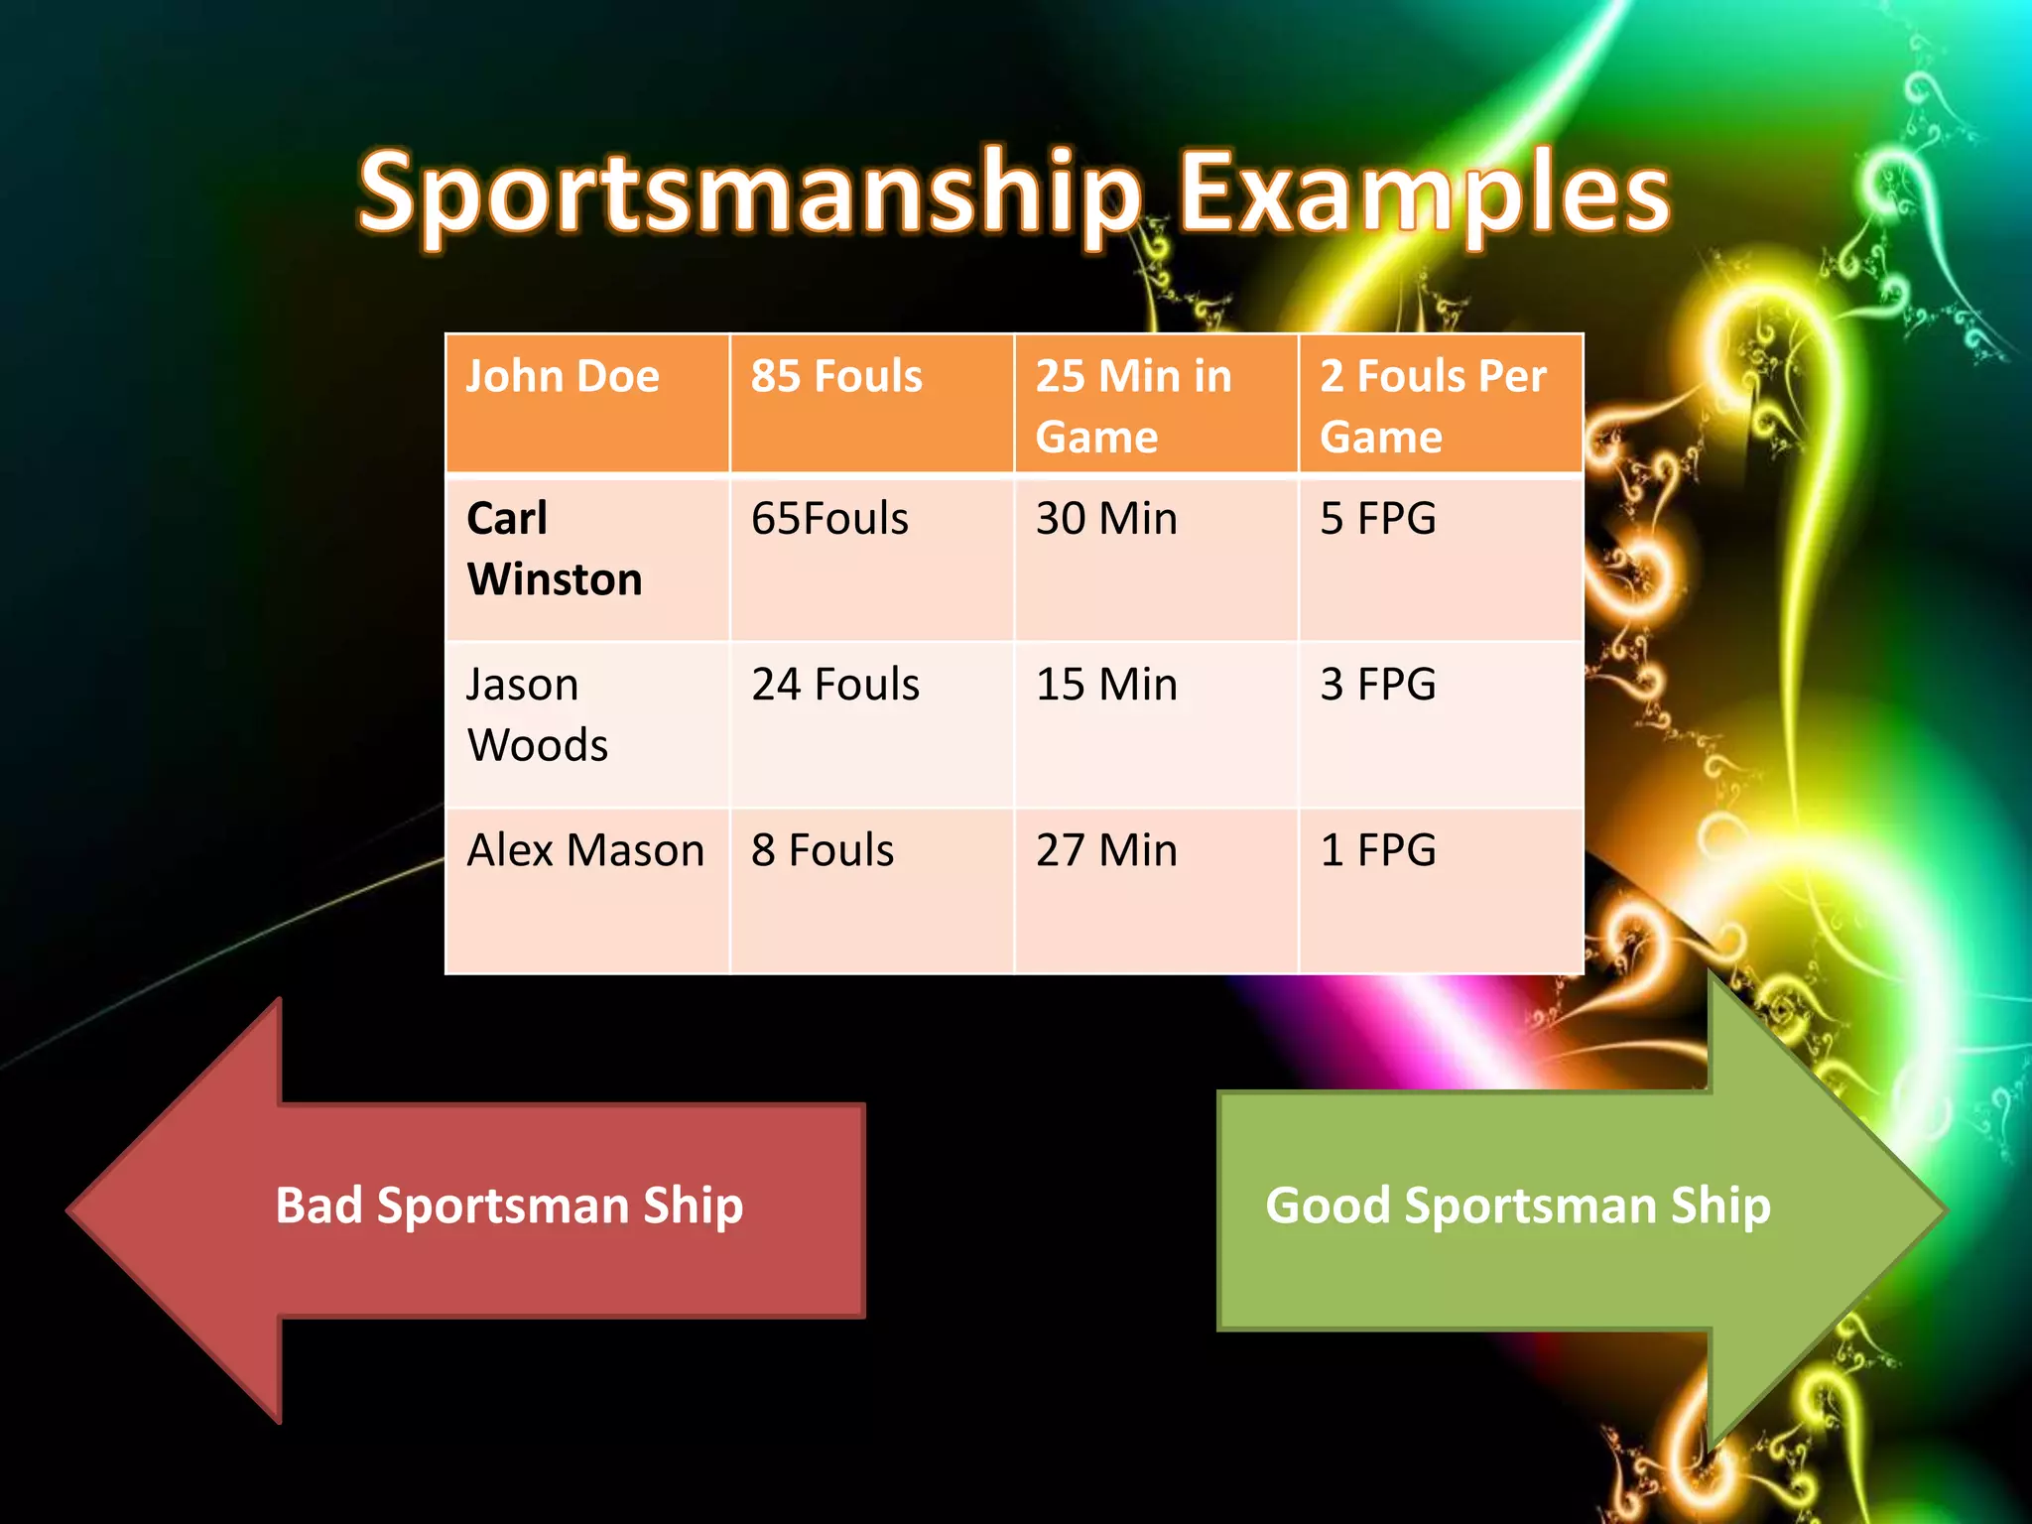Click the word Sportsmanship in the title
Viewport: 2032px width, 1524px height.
coord(749,193)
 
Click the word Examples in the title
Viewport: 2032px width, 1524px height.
coord(1424,193)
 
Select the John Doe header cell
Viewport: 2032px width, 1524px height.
coord(587,404)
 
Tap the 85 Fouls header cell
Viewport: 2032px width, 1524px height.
coord(871,404)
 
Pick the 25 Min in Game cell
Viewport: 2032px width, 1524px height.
coord(1156,404)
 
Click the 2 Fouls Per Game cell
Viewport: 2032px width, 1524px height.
coord(1441,404)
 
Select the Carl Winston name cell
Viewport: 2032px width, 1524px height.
coord(587,558)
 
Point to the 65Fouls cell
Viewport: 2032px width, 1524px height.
coord(871,558)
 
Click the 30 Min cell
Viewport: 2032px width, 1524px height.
coord(1156,558)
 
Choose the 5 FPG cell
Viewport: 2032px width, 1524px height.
coord(1441,558)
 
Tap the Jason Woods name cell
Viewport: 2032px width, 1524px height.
coord(587,723)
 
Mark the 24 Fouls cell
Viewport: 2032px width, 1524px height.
coord(871,723)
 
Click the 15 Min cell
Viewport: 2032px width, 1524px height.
coord(1156,723)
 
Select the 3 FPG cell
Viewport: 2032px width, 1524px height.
coord(1441,723)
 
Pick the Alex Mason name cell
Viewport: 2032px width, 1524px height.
coord(587,890)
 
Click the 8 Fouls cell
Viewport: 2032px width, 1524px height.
coord(871,890)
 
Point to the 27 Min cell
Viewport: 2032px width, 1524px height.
coord(1156,890)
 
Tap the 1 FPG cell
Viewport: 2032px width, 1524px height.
coord(1441,890)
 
